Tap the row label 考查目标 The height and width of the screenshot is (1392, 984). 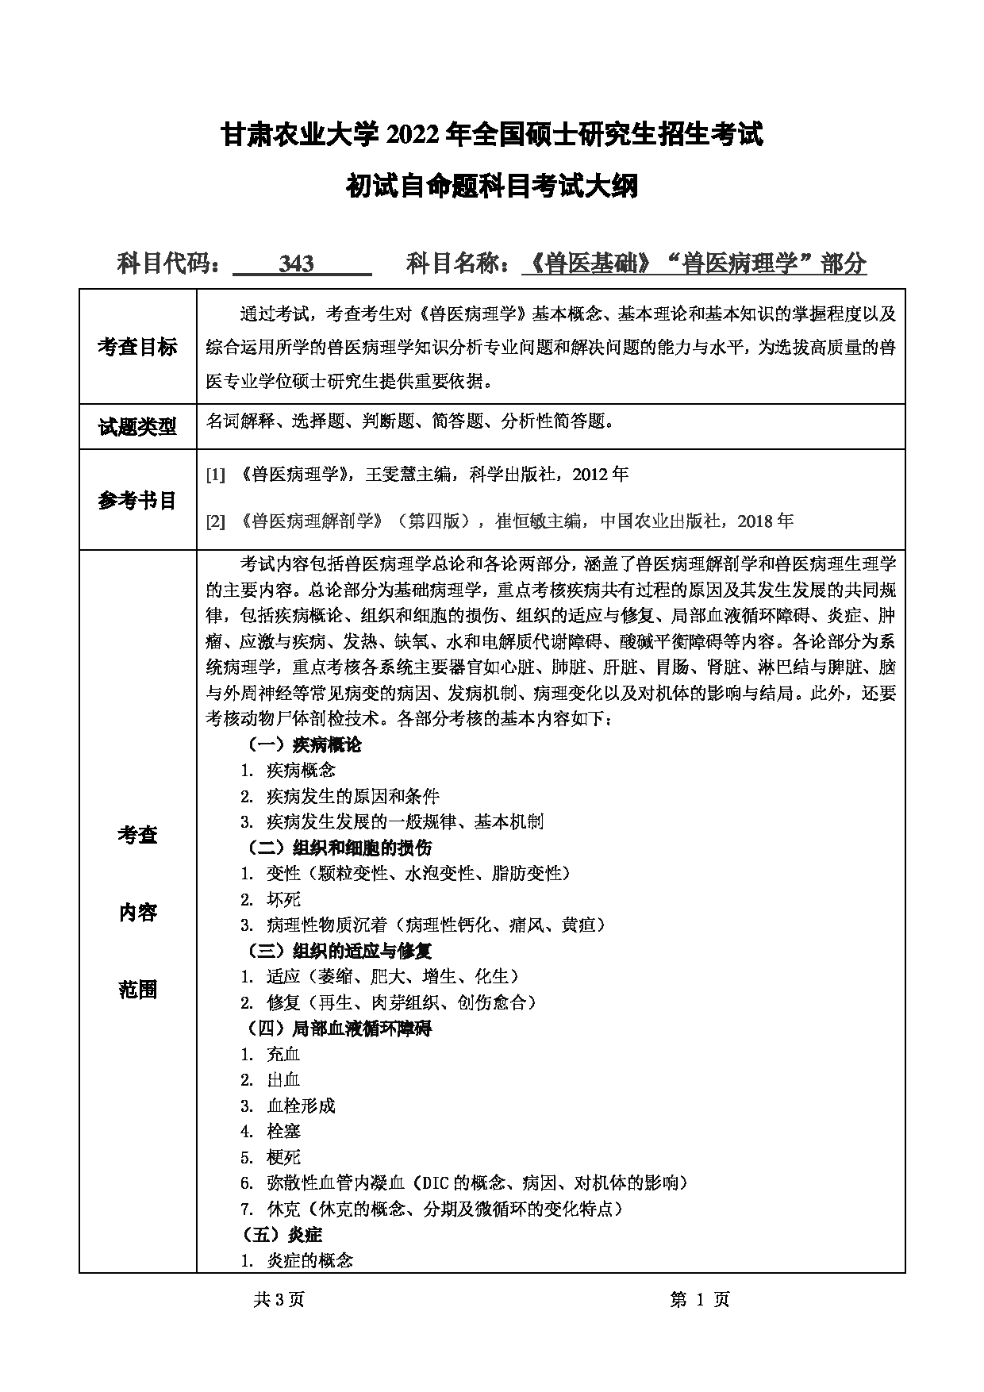click(137, 347)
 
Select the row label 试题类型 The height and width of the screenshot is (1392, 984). click(137, 427)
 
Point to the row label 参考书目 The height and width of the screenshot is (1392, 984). click(137, 500)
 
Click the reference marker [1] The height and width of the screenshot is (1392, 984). click(216, 475)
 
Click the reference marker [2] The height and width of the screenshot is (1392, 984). click(216, 521)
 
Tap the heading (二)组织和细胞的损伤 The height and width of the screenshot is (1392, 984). click(339, 848)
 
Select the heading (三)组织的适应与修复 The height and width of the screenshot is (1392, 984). click(339, 951)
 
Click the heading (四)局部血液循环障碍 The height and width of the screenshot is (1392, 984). click(339, 1029)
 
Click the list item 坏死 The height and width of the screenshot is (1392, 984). click(284, 899)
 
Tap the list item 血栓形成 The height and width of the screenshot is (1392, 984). click(301, 1106)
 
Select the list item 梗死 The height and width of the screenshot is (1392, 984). click(284, 1157)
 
